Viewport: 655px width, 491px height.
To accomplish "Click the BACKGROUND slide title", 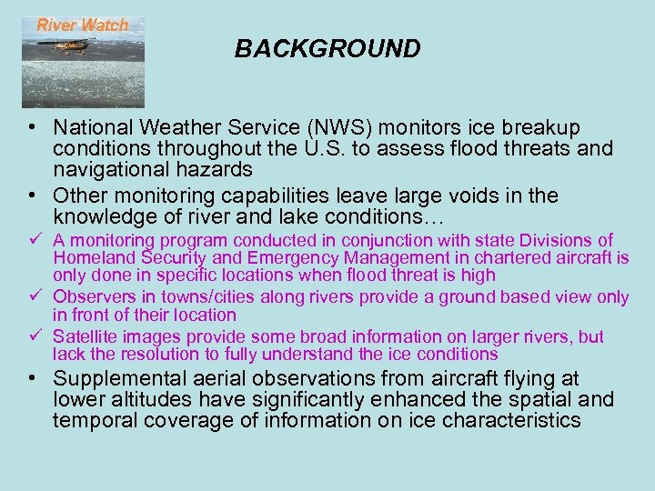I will [x=327, y=49].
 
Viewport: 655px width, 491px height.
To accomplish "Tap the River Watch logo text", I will [x=83, y=25].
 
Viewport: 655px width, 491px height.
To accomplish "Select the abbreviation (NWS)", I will [x=313, y=127].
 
